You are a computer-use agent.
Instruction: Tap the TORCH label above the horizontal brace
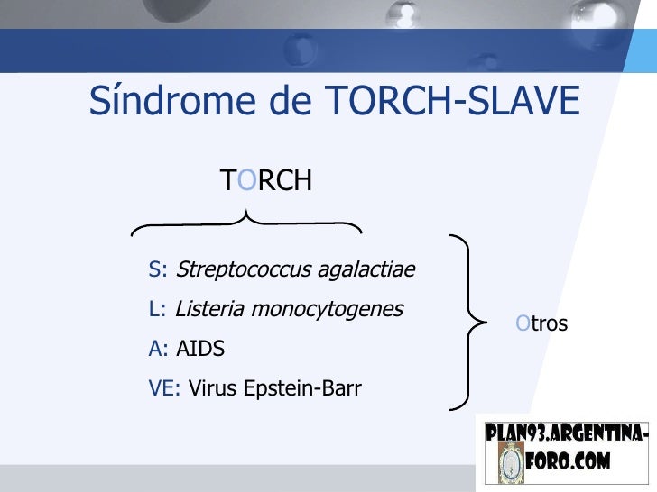266,181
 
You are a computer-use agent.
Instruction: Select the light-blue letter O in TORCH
247,181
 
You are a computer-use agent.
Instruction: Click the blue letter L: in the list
158,309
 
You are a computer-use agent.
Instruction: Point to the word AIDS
200,349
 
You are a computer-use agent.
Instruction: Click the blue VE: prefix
165,389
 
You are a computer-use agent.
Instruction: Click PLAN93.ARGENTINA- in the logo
566,433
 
